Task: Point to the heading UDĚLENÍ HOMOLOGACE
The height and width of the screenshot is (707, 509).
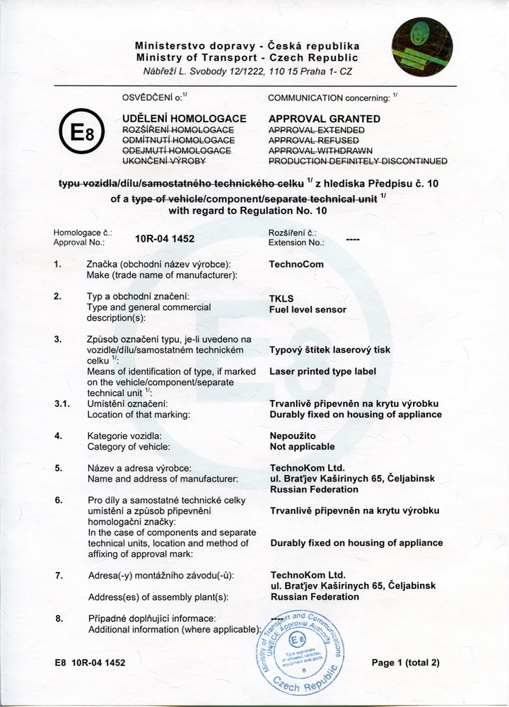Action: click(185, 119)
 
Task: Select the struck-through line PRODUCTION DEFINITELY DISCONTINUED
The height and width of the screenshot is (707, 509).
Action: click(358, 161)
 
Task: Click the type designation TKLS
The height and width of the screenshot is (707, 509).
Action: click(282, 298)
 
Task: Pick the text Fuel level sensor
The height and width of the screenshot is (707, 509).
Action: click(308, 310)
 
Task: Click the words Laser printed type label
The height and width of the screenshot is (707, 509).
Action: click(323, 371)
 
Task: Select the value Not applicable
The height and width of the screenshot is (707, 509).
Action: click(303, 447)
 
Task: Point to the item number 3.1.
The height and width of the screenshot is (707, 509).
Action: click(62, 404)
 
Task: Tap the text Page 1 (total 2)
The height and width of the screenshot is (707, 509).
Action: click(406, 662)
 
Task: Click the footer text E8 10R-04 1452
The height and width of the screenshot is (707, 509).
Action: click(89, 662)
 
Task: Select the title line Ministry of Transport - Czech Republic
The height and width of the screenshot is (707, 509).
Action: click(247, 57)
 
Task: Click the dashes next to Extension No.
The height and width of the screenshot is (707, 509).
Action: click(353, 240)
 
